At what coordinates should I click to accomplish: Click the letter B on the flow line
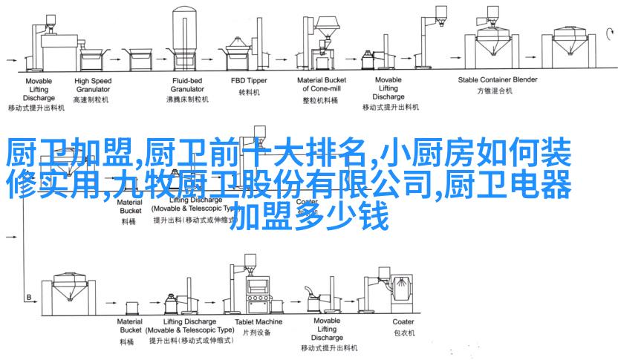29,297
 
